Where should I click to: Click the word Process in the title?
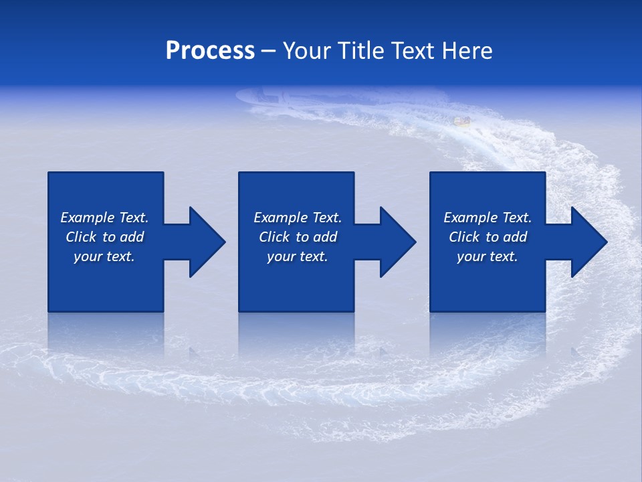(210, 51)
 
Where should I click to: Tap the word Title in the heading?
(363, 51)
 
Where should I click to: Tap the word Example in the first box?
(88, 218)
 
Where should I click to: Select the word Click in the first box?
(81, 237)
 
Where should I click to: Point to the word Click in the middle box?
(274, 237)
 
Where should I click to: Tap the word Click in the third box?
(464, 237)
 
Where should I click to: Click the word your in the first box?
(87, 257)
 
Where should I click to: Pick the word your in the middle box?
(280, 257)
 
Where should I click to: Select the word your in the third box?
(470, 257)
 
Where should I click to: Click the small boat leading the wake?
(461, 121)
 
